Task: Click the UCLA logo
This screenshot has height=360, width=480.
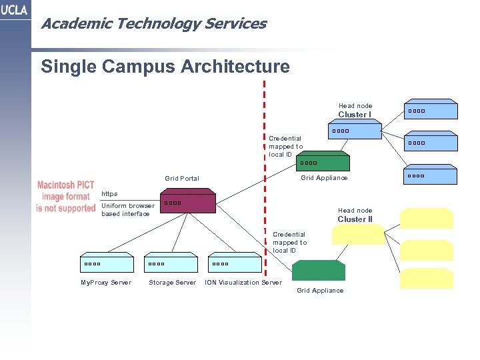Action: pos(15,10)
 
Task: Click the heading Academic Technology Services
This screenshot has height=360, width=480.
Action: pos(153,24)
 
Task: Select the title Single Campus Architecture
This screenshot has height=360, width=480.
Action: pos(165,67)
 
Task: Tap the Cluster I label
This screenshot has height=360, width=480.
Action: pos(355,115)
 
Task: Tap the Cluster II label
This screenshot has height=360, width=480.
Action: pos(355,219)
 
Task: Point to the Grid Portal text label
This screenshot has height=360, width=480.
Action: pos(182,178)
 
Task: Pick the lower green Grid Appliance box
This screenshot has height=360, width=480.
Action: pos(318,270)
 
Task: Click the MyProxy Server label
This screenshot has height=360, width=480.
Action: pos(106,283)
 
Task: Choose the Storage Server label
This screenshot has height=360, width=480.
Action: pos(172,283)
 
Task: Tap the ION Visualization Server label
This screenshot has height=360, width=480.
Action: pos(243,283)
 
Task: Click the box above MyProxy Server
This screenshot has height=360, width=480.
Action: pos(105,263)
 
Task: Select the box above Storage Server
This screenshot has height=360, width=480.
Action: pos(170,263)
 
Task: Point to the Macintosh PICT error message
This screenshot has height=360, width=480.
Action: pos(66,197)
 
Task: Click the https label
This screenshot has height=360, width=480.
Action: pos(109,194)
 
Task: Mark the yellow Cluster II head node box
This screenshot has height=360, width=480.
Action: pos(358,235)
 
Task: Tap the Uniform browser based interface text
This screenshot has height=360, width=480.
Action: pos(127,210)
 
